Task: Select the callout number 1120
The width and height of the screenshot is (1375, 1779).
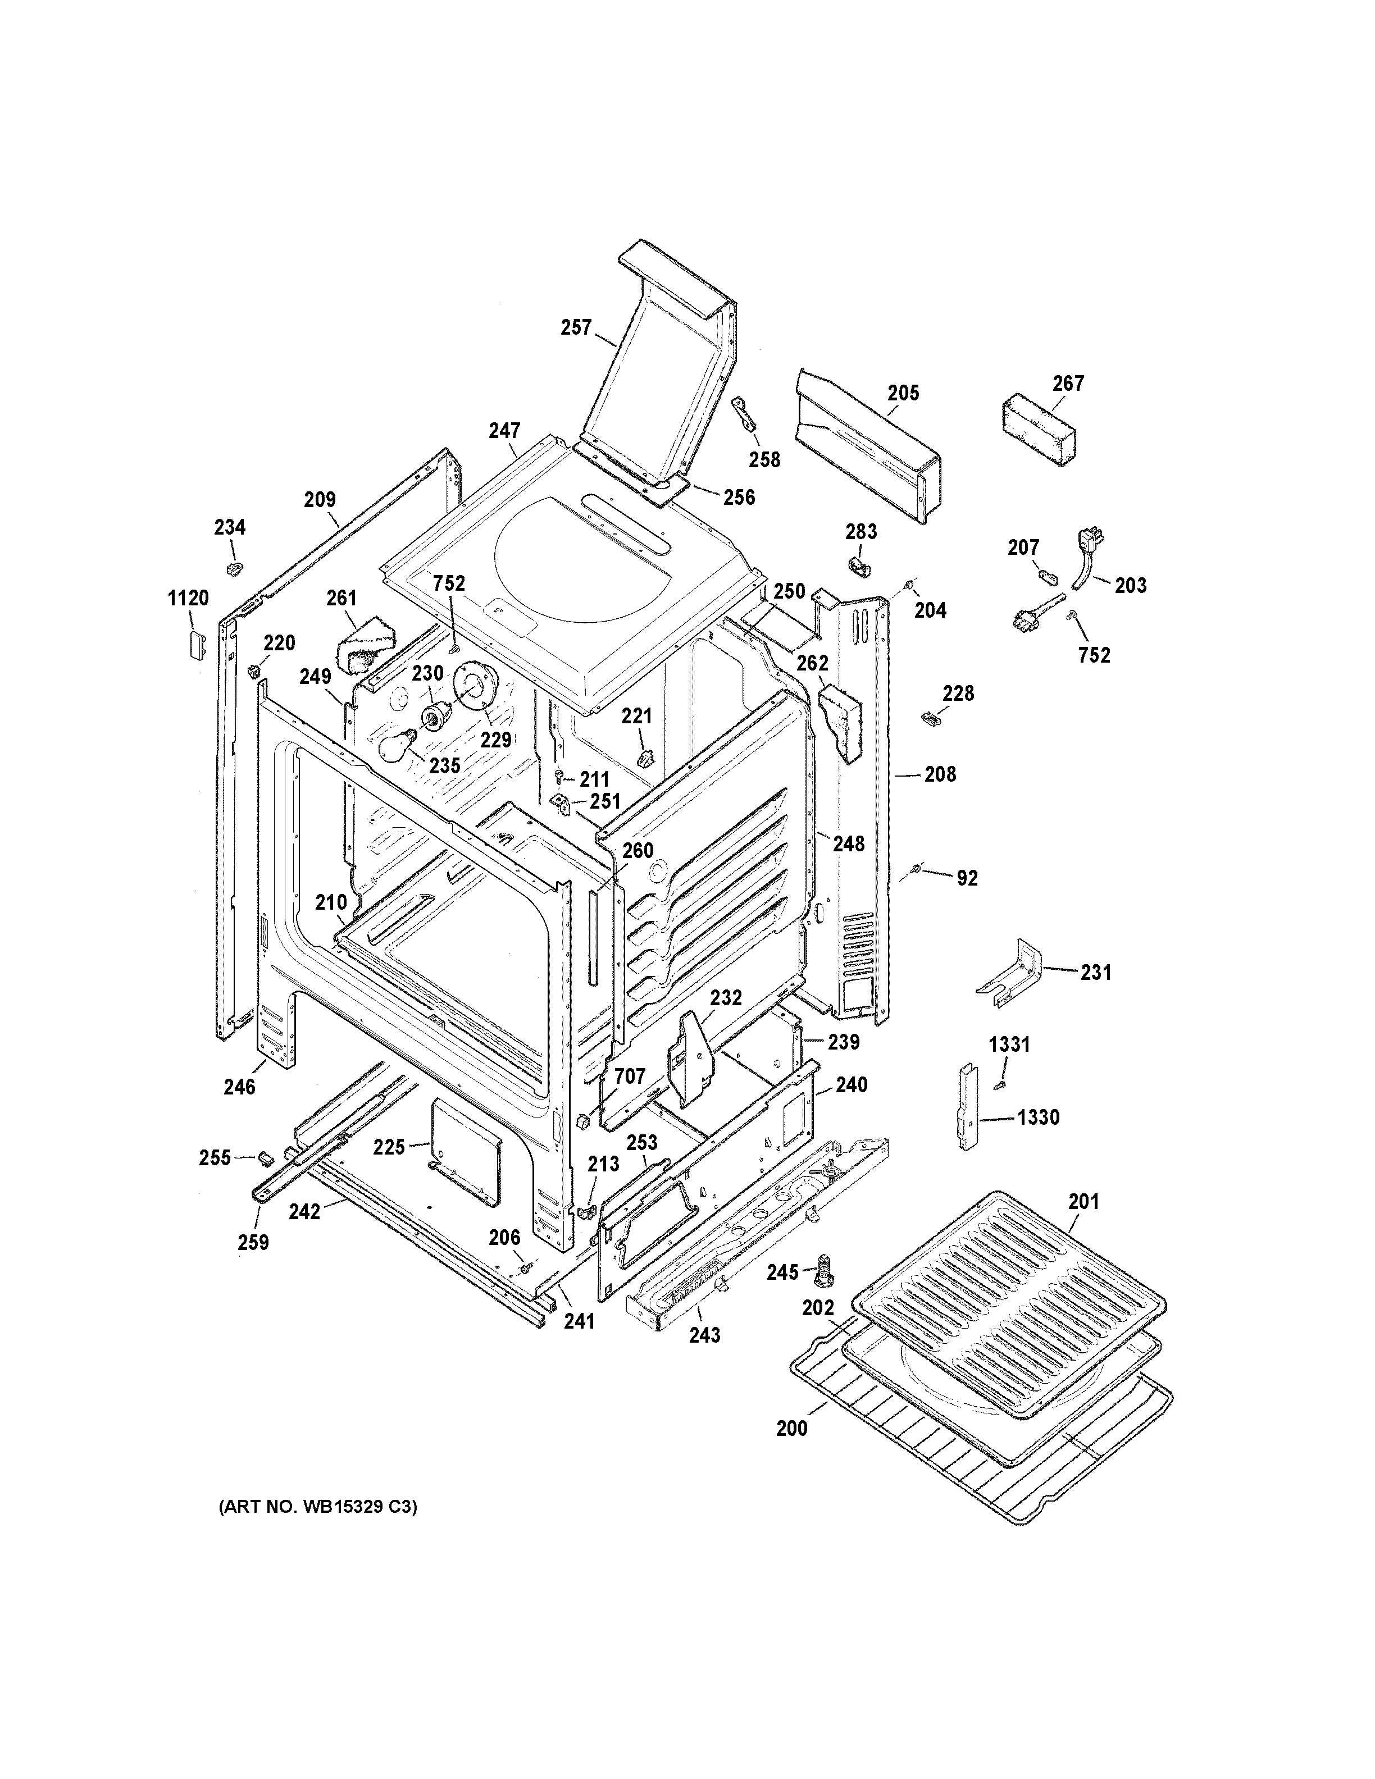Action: pos(188,599)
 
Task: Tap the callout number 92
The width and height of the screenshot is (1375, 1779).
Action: pos(967,878)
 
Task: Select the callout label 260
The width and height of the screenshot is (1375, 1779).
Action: pos(638,850)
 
